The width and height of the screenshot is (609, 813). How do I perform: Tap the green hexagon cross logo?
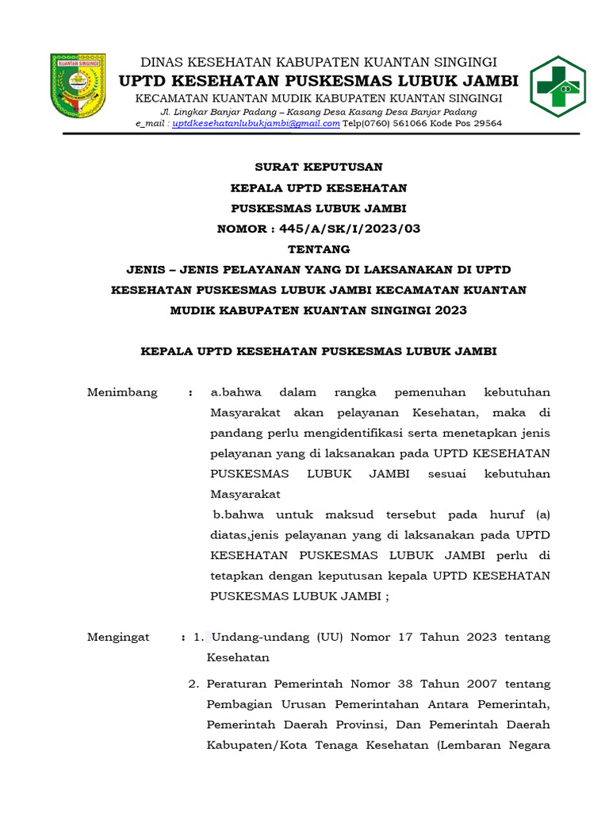coord(558,87)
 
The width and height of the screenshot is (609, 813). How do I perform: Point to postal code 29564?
coord(483,124)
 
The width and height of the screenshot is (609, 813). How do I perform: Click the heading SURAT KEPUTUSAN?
coord(318,167)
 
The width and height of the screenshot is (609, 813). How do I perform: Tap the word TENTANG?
coord(318,249)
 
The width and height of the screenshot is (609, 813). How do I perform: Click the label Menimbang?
coord(122,392)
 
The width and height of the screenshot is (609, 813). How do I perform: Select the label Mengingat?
coord(118,637)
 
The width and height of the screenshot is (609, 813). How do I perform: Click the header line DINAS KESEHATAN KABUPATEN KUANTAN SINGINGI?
coord(318,62)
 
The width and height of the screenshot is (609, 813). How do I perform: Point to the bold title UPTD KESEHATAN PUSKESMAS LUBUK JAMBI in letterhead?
coord(318,80)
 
